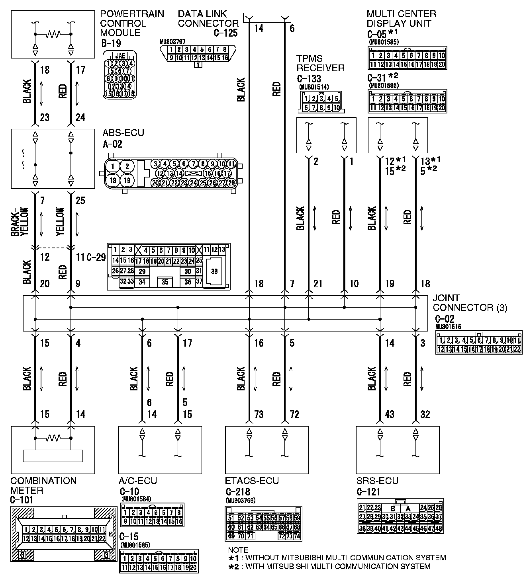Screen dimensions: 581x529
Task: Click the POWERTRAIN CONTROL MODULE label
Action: pos(131,23)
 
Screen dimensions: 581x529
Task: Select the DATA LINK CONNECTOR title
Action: pos(208,19)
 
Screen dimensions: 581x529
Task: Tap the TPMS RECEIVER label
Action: pos(320,63)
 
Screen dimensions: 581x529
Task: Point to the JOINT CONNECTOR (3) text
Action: pos(470,303)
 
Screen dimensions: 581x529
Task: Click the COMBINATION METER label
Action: pos(43,485)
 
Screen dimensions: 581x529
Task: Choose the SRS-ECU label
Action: pos(377,481)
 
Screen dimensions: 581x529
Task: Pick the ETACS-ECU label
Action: pos(252,481)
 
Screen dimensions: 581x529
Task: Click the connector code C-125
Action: pos(225,33)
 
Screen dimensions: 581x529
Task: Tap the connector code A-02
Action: pos(112,144)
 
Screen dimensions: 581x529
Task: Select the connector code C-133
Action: pos(309,79)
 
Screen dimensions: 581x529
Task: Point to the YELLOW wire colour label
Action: pos(60,222)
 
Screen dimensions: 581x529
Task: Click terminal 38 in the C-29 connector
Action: pos(214,271)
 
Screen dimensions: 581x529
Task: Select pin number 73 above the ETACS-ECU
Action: pos(259,414)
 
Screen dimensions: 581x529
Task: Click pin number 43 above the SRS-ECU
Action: pos(389,414)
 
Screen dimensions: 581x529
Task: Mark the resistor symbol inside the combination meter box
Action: pos(53,438)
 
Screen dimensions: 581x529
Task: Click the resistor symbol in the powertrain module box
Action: pos(53,34)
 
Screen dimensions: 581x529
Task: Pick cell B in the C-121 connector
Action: pos(393,509)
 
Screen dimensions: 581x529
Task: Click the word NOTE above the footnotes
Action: pos(238,550)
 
